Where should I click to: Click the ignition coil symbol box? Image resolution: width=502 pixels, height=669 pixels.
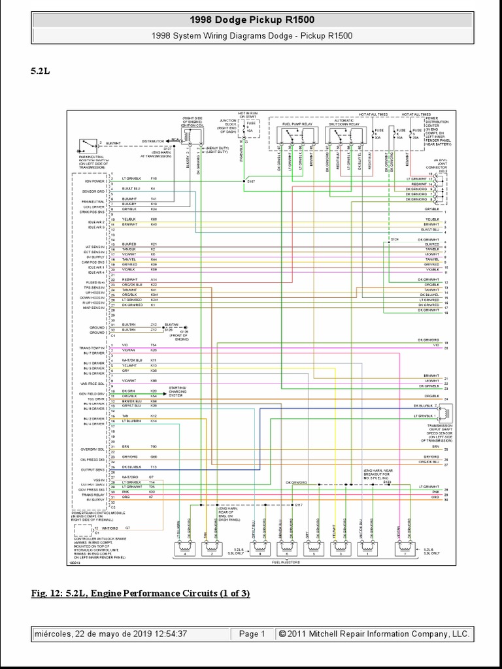click(191, 138)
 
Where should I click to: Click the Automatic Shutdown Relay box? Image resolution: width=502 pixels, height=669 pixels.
click(344, 135)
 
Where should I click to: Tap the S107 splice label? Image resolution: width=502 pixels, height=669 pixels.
click(252, 182)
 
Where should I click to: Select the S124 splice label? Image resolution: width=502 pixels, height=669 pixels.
click(394, 240)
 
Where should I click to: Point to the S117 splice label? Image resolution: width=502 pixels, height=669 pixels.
click(299, 506)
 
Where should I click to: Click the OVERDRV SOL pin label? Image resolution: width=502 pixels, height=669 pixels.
click(94, 449)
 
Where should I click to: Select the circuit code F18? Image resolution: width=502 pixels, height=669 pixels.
click(154, 178)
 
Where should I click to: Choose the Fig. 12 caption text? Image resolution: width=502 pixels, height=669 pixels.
click(141, 593)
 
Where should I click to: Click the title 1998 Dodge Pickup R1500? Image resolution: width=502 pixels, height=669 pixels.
click(251, 20)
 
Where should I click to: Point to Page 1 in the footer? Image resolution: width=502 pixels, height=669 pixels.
click(252, 634)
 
